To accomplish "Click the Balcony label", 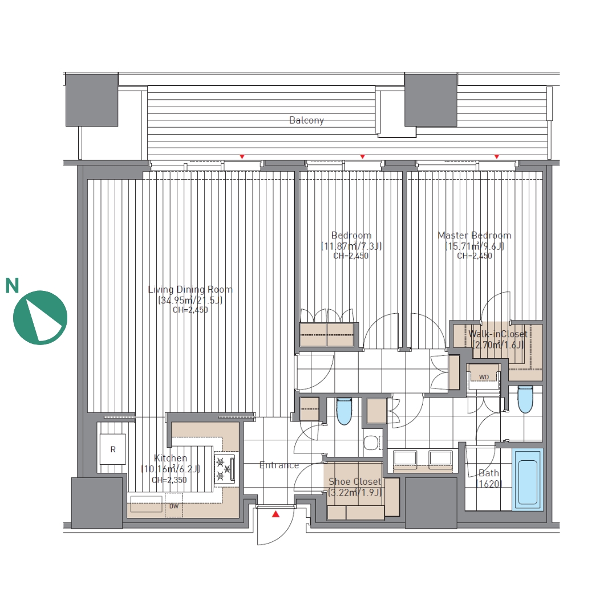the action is [x=306, y=120].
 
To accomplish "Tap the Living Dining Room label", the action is [x=190, y=290].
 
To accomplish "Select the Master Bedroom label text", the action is [x=475, y=236].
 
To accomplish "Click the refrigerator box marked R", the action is [x=113, y=449].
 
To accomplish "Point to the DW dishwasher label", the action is [x=173, y=506].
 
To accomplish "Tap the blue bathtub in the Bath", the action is [x=528, y=480].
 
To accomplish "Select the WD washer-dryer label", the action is [x=484, y=377].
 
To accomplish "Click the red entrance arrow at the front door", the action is [x=276, y=514].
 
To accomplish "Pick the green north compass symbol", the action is [x=40, y=318].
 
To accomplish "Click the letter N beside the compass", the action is [x=12, y=286].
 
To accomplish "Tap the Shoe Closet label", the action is [x=355, y=481].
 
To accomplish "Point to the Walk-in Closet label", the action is [x=498, y=334].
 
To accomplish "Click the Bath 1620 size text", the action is [x=489, y=484].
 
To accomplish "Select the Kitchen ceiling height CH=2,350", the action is [x=169, y=480].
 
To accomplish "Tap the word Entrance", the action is [x=279, y=465].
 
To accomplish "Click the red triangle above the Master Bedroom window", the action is [x=497, y=157].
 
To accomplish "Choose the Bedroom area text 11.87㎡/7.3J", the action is [x=351, y=246].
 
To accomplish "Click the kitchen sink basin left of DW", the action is [x=146, y=504].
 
